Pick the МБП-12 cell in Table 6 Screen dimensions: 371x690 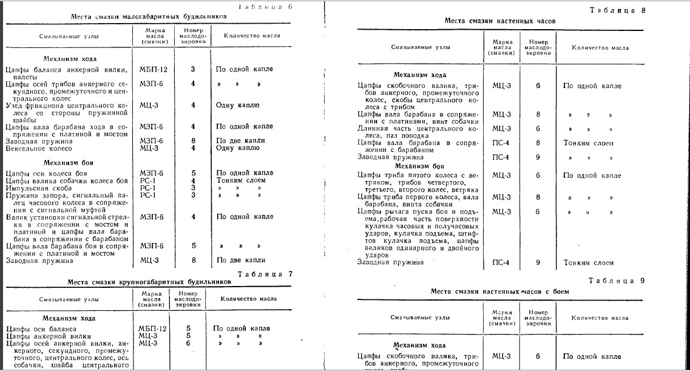click(153, 69)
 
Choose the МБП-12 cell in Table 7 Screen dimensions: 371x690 click(152, 328)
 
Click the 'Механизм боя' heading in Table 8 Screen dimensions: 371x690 click(419, 165)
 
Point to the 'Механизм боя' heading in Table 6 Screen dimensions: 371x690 click(66, 163)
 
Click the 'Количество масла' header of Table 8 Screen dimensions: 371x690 click(597, 47)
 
